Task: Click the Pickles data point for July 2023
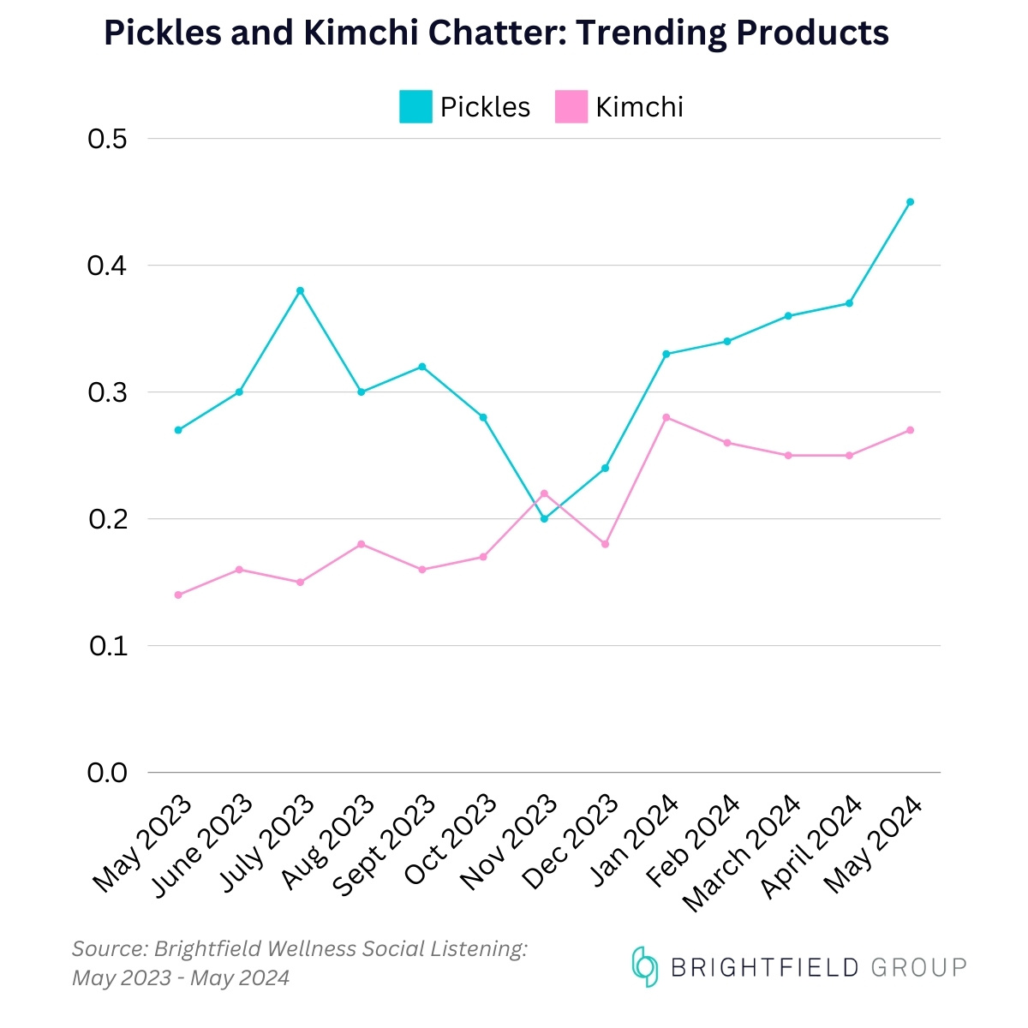point(300,290)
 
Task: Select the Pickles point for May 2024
point(910,202)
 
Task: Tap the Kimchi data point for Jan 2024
point(666,417)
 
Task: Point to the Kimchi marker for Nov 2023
point(544,493)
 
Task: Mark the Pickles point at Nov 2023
point(544,518)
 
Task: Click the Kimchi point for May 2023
point(178,595)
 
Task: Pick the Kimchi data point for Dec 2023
point(605,544)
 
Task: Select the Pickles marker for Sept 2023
point(422,367)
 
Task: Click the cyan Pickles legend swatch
point(415,107)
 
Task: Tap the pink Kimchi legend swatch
point(571,107)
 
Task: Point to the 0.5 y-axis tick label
point(107,139)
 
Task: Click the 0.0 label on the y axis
point(107,773)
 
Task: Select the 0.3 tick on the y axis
point(107,392)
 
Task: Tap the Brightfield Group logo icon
point(644,967)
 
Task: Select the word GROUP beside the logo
point(918,968)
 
